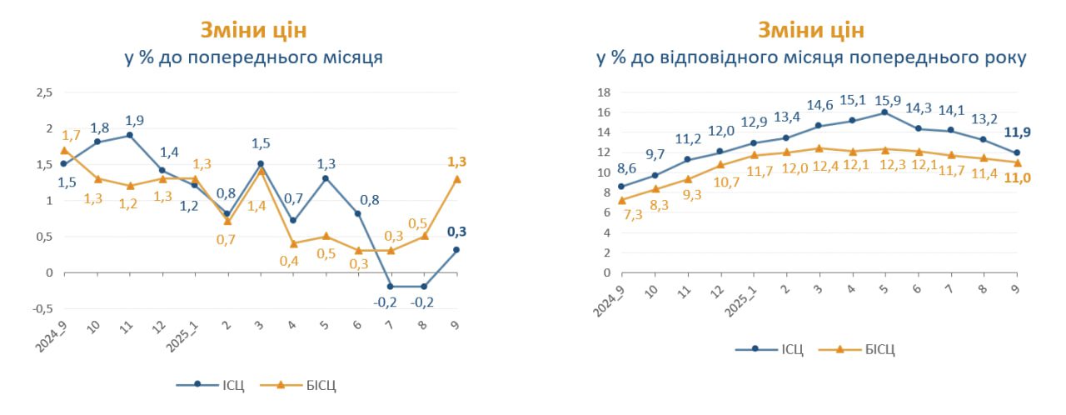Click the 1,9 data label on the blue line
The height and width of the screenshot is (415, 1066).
tap(134, 120)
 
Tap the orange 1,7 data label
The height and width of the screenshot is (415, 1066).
tap(70, 134)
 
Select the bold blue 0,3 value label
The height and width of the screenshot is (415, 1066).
tap(456, 232)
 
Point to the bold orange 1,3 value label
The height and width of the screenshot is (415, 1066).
tap(456, 162)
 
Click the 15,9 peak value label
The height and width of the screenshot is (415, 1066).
tap(884, 100)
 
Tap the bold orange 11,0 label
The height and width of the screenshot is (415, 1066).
tap(1017, 177)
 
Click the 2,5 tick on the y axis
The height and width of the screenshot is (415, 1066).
tap(43, 92)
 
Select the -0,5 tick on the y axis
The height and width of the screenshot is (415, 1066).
tap(41, 307)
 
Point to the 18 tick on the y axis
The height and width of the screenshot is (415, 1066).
tap(605, 92)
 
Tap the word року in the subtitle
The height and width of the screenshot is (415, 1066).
tap(1004, 57)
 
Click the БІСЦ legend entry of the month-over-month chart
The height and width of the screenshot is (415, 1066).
tap(320, 385)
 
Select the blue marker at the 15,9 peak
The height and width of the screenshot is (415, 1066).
tap(884, 112)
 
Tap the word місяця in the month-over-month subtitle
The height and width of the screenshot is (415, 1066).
tap(351, 57)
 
